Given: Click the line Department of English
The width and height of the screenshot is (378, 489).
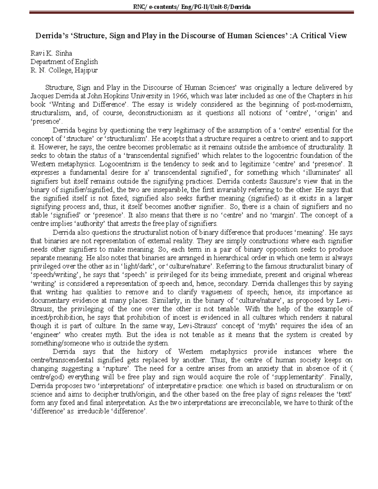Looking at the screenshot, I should pyautogui.click(x=64, y=62).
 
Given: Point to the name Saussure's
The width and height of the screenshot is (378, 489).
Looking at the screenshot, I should pyautogui.click(x=295, y=181).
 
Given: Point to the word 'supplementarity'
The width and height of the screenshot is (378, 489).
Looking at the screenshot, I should pyautogui.click(x=298, y=377).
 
